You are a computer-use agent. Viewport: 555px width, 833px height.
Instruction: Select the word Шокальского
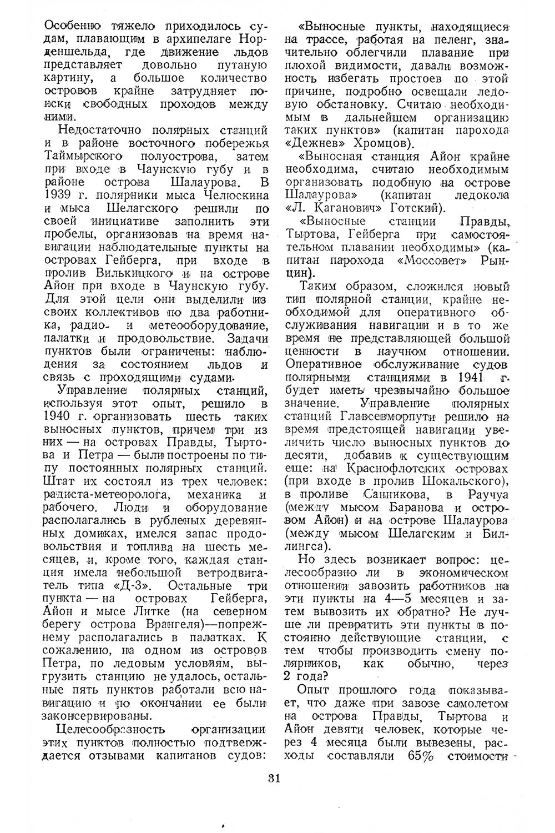click(x=465, y=480)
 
